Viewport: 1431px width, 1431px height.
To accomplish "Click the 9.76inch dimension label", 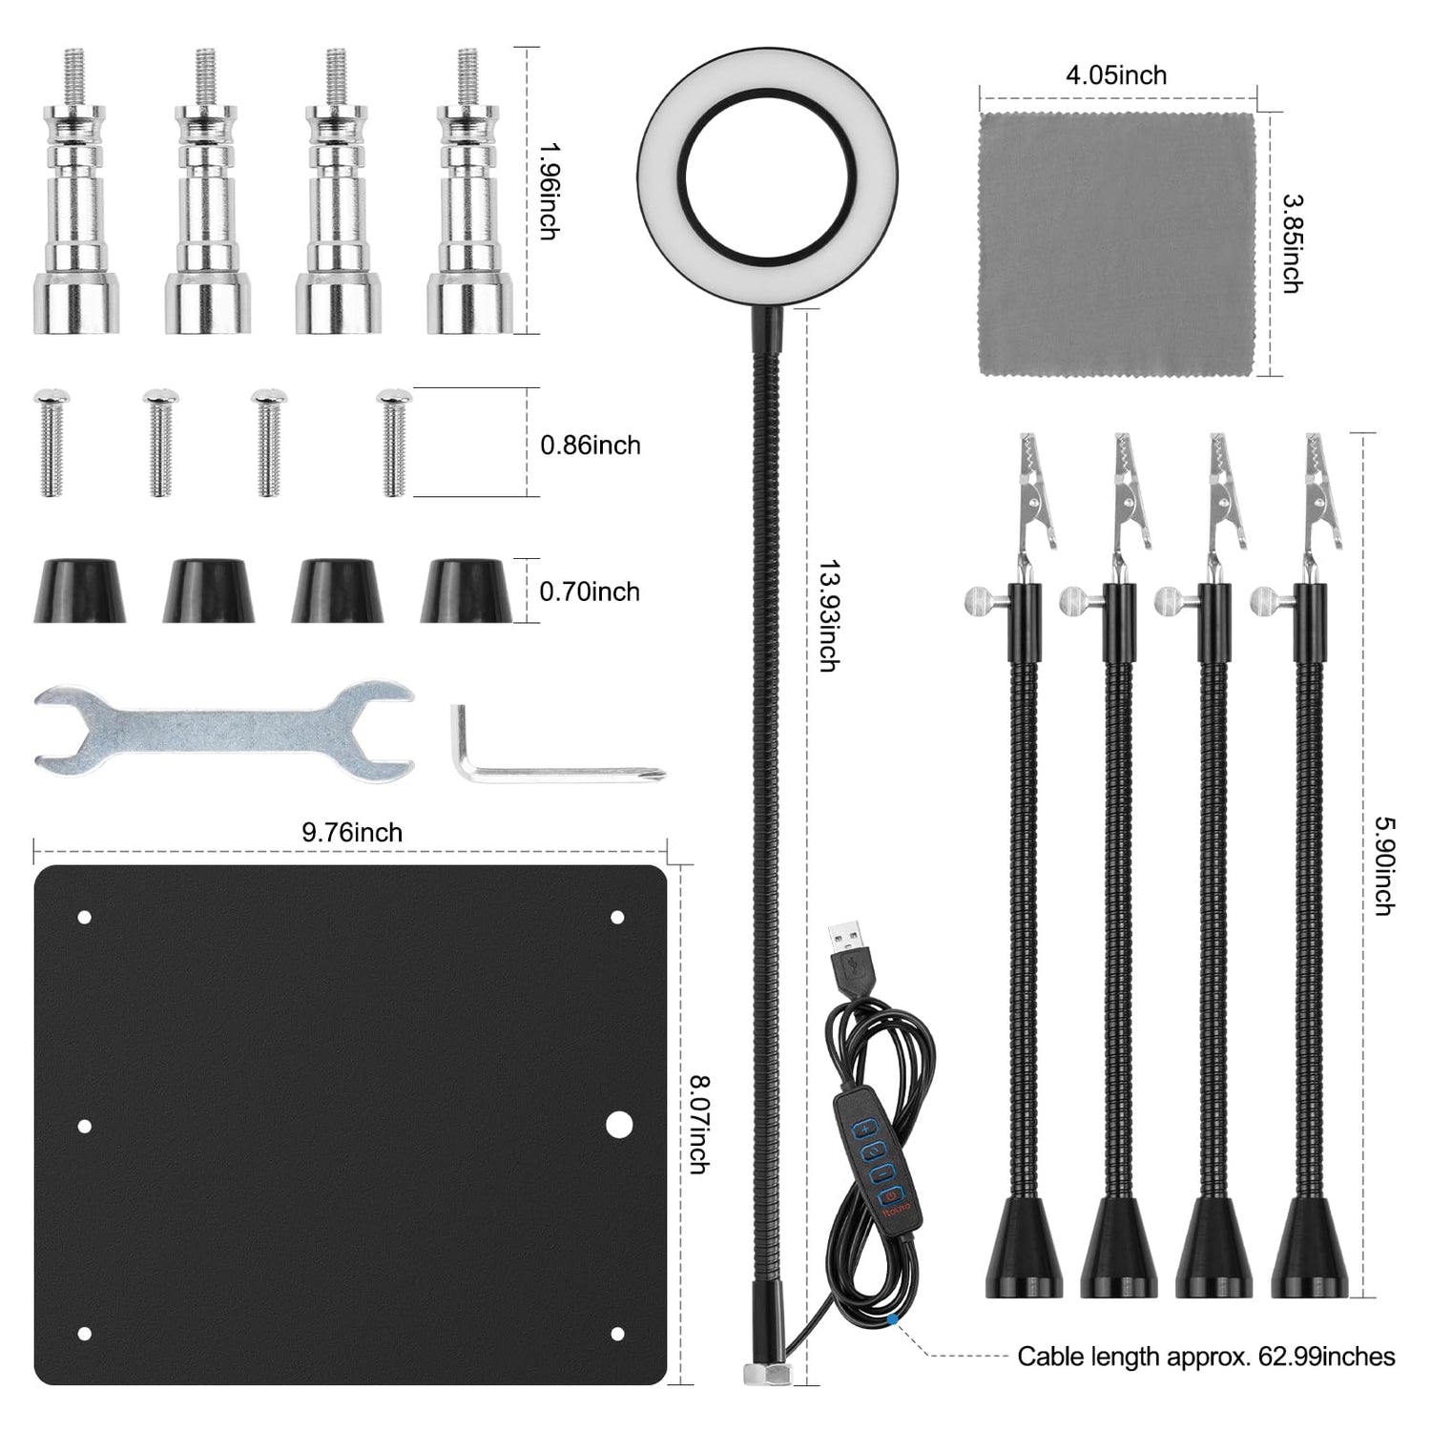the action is [352, 833].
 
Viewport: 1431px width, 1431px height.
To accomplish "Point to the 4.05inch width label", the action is [1116, 74].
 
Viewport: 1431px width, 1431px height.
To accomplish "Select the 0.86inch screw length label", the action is [591, 445].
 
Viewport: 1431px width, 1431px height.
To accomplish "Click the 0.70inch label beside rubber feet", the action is [590, 591].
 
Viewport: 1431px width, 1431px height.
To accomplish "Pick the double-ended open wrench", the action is [224, 731].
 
